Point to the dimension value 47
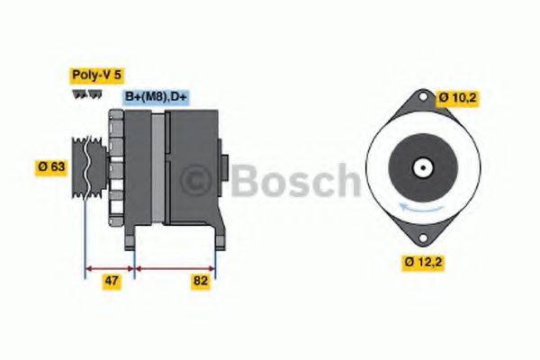(111, 282)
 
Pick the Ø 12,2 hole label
(423, 262)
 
